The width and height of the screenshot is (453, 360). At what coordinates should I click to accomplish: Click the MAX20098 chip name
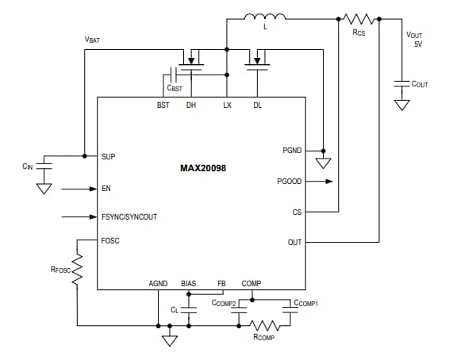[x=202, y=169]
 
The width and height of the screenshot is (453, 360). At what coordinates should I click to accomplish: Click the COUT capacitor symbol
[x=401, y=82]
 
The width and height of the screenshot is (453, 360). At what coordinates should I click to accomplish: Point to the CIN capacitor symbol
[x=45, y=165]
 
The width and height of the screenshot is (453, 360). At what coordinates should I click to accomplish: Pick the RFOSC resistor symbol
[x=77, y=272]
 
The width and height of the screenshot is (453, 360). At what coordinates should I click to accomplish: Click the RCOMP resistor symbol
[x=263, y=325]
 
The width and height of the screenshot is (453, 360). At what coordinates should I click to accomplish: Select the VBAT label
[x=94, y=39]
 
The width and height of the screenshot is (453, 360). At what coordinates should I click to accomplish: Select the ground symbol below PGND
[x=323, y=163]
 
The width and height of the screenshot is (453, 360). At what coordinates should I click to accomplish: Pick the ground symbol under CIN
[x=45, y=189]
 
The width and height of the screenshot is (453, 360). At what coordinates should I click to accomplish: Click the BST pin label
[x=163, y=105]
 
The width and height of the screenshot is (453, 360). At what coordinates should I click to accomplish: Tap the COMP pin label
[x=251, y=283]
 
